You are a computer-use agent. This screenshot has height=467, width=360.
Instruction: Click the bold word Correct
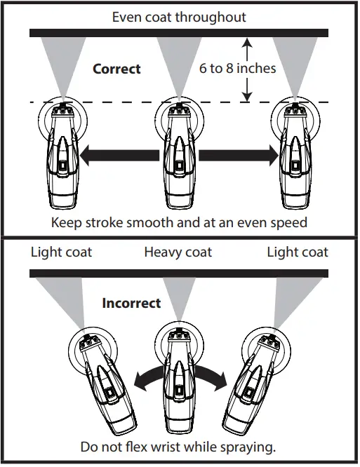pyautogui.click(x=116, y=69)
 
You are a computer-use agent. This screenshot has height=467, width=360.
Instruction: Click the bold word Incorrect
pyautogui.click(x=131, y=304)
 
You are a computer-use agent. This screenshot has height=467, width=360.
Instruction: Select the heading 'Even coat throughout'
pyautogui.click(x=180, y=16)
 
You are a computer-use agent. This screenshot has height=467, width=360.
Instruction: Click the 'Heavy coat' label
pyautogui.click(x=178, y=252)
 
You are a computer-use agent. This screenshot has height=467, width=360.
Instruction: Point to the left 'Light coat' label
pyautogui.click(x=61, y=252)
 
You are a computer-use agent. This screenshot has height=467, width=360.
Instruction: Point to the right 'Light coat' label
pyautogui.click(x=297, y=252)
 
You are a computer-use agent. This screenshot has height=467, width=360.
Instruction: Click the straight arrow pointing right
pyautogui.click(x=238, y=156)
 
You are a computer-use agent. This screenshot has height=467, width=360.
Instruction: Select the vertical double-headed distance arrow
pyautogui.click(x=246, y=69)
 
